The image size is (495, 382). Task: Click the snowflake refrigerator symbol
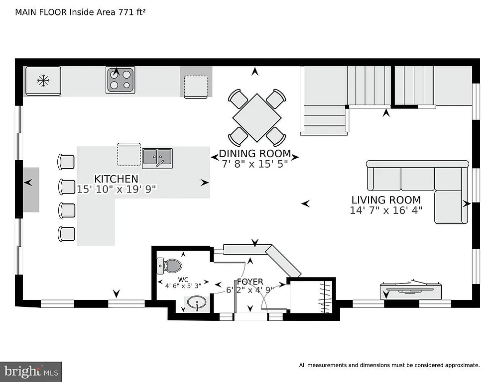43,81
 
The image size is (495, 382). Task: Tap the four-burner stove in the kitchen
120,80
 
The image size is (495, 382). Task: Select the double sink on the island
157,158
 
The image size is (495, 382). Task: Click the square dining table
257,118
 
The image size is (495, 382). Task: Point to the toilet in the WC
171,265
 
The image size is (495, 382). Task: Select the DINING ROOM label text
254,154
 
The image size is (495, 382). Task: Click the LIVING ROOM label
386,200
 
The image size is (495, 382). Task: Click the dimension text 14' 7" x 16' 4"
386,210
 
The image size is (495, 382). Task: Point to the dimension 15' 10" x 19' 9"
117,189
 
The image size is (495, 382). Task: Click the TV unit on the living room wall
411,289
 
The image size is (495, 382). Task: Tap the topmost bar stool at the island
66,162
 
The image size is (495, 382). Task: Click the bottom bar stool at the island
66,233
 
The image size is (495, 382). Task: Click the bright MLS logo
31,371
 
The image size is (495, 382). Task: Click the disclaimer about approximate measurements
389,365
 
